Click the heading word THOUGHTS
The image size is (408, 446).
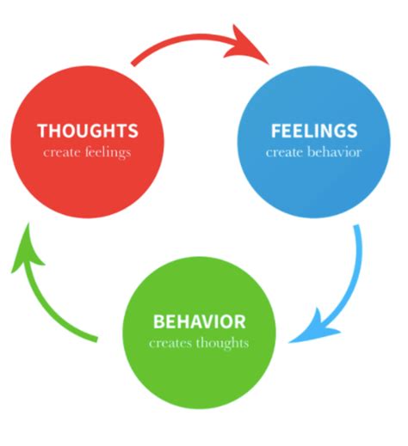tap(87, 131)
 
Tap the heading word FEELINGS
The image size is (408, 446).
tap(313, 131)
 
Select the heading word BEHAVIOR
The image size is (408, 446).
tap(199, 322)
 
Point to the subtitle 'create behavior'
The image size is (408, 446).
tap(313, 152)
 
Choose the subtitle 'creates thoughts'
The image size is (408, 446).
tap(199, 343)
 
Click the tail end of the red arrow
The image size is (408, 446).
tap(133, 62)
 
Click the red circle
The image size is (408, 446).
tap(87, 172)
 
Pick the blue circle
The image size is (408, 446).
tap(313, 180)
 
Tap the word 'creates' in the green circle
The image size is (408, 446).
tap(169, 343)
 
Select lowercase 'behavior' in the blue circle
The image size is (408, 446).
tap(334, 152)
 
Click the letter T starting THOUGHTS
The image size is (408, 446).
tap(42, 131)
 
